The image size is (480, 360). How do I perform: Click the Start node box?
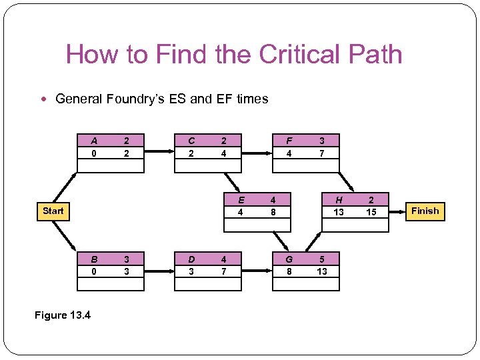point(53,211)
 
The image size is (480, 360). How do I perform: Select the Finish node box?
point(425,211)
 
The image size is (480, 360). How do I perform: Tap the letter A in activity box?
point(94,141)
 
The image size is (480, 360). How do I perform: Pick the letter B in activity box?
point(94,259)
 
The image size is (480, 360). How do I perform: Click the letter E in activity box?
point(241,199)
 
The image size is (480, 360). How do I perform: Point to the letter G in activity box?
point(289,259)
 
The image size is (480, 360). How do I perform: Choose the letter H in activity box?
point(339,199)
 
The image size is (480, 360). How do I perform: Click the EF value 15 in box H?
point(371,212)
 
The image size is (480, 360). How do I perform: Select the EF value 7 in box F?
point(322,153)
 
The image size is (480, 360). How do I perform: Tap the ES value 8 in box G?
point(289,271)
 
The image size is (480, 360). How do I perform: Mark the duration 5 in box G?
point(322,259)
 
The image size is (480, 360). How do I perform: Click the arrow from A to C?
point(159,151)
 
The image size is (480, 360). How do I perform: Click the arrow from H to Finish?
point(397,212)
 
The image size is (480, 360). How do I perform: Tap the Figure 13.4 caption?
point(63,315)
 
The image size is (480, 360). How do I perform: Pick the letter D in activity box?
point(191,259)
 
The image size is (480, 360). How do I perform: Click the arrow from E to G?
point(281,241)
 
